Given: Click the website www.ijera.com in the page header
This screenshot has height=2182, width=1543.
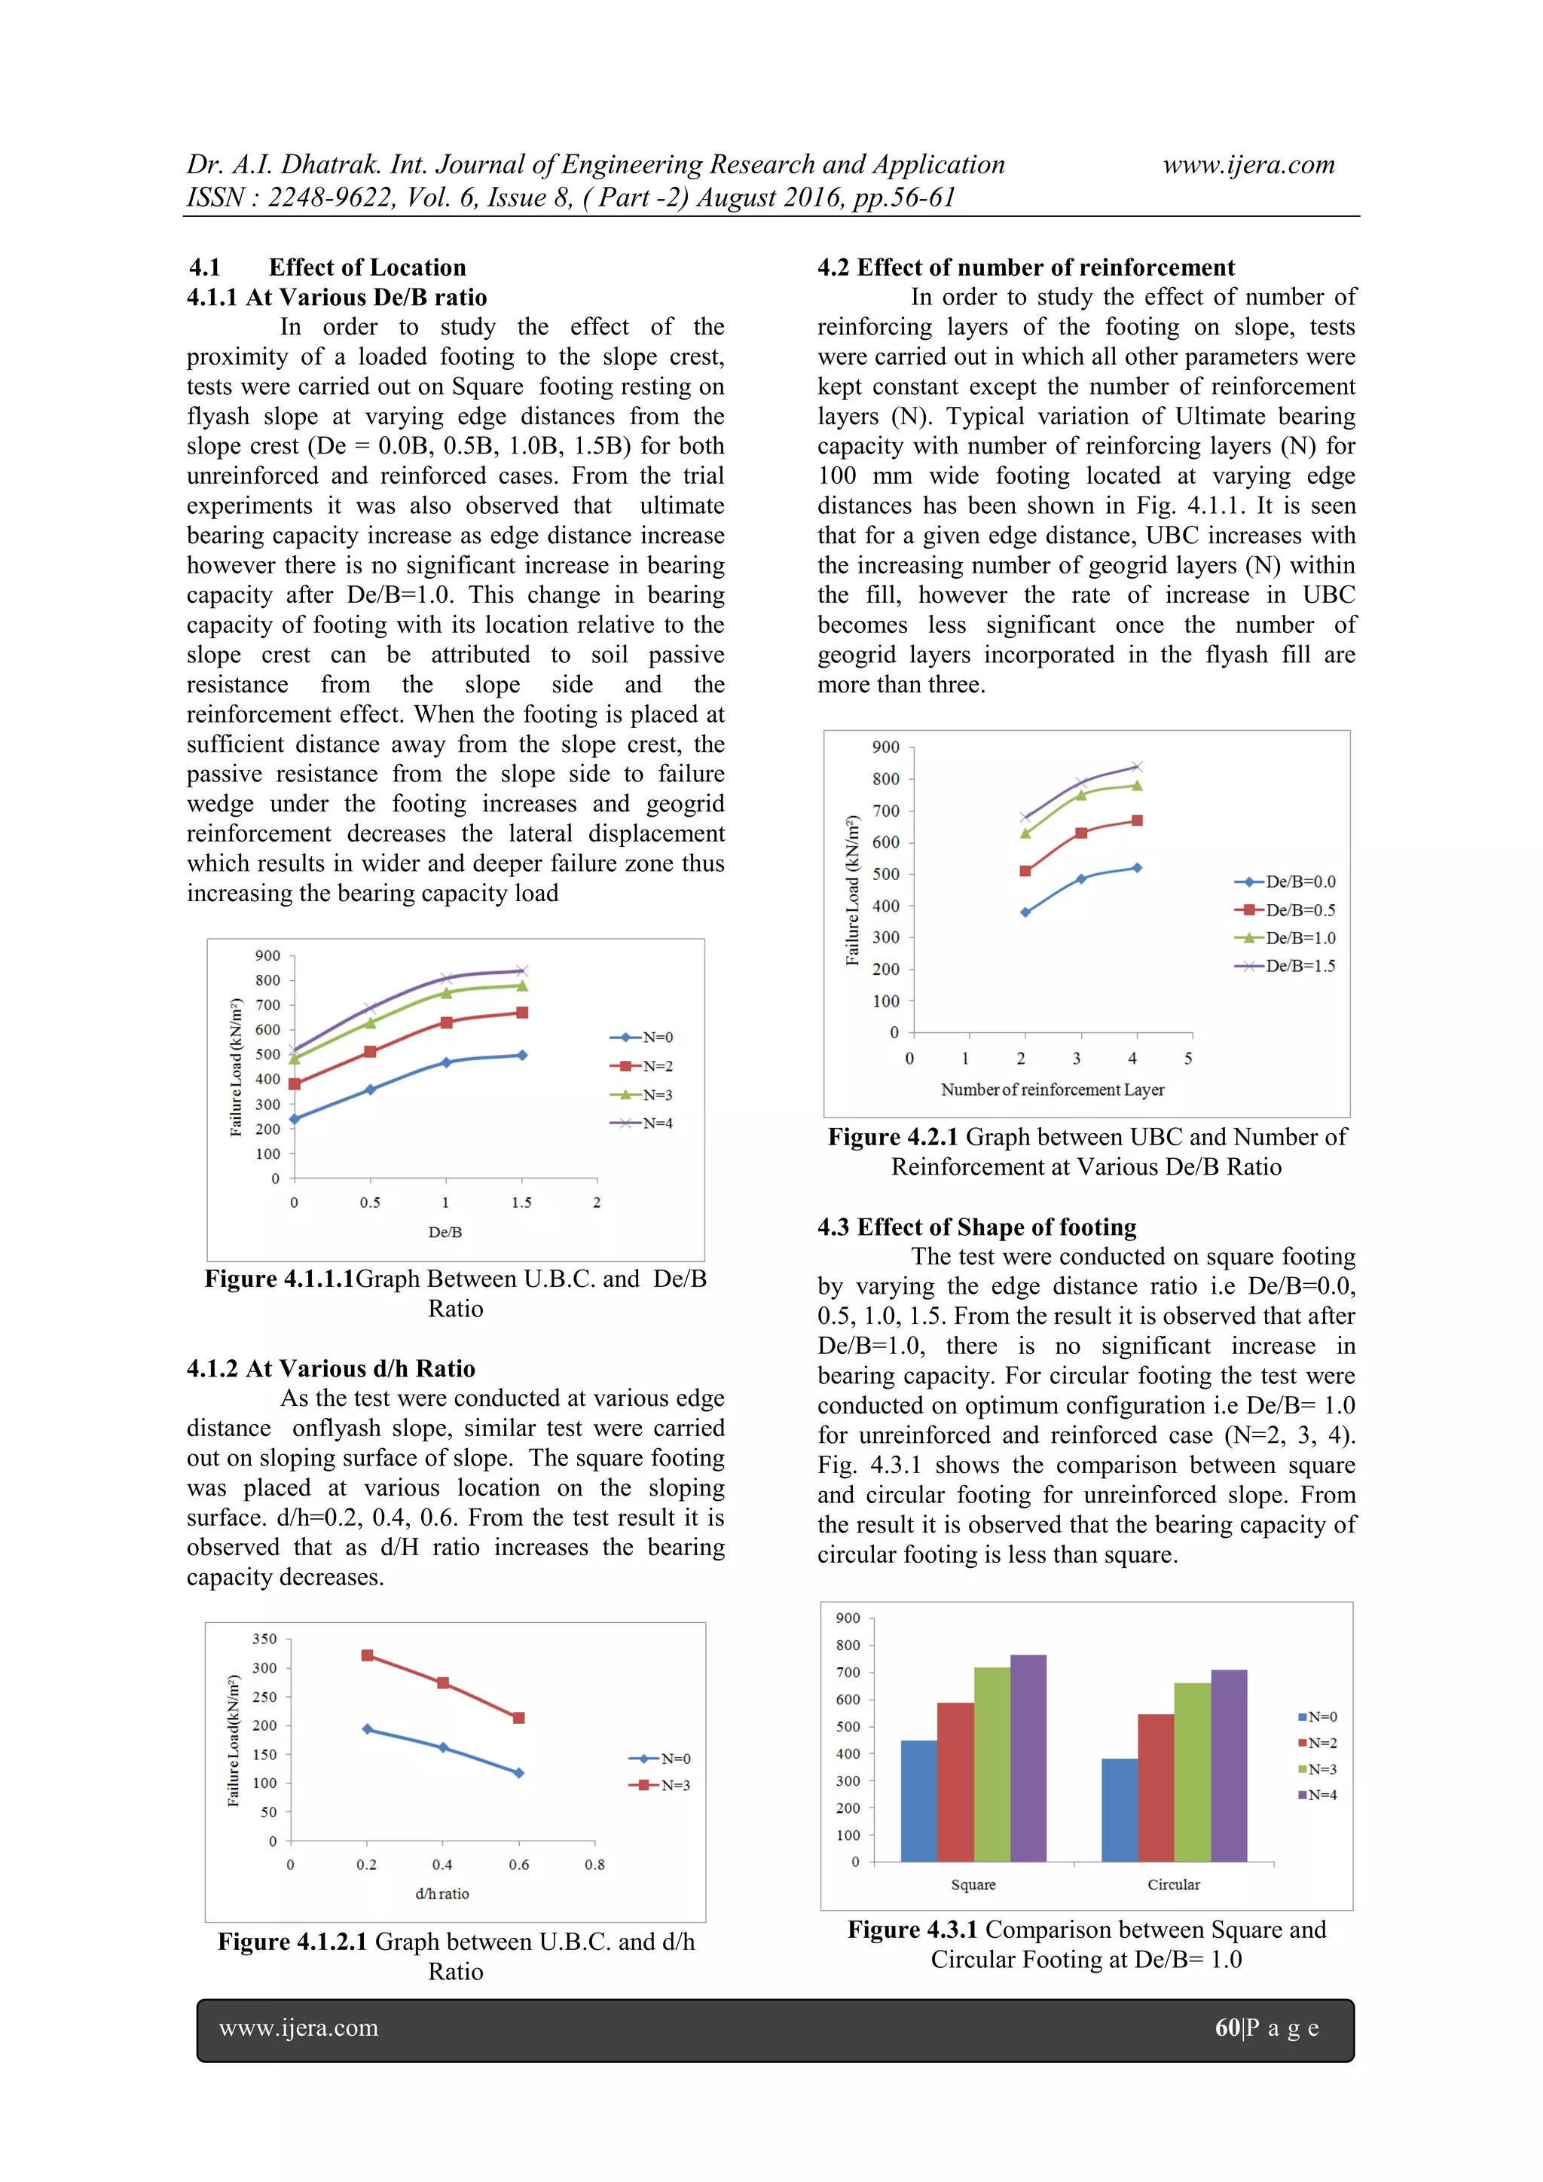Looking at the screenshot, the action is click(x=1248, y=165).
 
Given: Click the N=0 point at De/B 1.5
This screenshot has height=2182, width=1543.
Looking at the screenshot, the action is click(x=521, y=1055).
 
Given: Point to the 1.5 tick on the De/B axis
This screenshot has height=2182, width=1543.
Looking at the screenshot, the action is click(x=521, y=1203).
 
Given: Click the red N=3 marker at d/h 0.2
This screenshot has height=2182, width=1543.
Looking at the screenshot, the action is click(x=368, y=1655).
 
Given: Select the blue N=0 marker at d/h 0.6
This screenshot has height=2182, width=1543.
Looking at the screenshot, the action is click(x=519, y=1772).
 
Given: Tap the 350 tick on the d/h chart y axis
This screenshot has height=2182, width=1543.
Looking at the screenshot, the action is click(x=264, y=1639).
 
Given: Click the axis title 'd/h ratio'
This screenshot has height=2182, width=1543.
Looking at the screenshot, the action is click(x=442, y=1893).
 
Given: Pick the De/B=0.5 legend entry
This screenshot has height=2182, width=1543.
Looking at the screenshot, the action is click(x=1287, y=909).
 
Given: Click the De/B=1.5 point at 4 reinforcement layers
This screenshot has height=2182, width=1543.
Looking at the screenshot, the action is click(x=1136, y=766).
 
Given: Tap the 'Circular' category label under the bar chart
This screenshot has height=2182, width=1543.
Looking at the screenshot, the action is click(x=1173, y=1884).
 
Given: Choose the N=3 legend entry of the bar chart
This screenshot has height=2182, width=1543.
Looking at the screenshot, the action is click(x=1318, y=1768).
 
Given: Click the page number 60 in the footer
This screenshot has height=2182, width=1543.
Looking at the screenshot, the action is click(x=1227, y=2028).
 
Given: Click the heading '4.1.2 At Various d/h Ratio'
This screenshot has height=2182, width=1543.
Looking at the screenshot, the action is click(x=331, y=1368).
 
